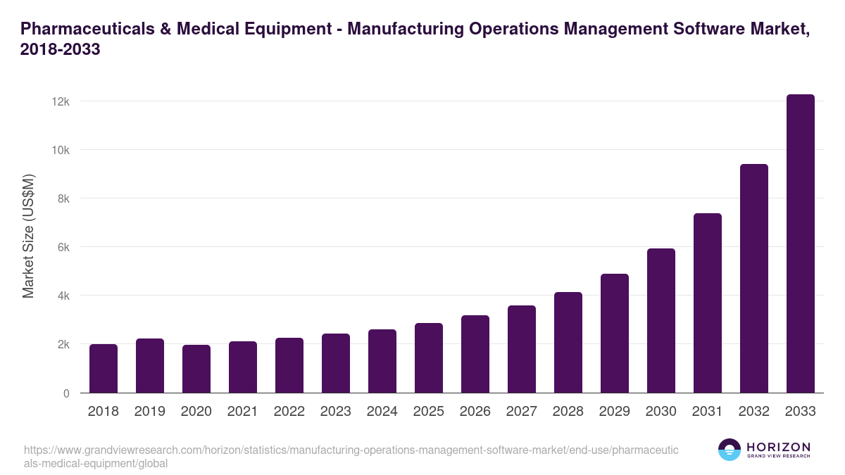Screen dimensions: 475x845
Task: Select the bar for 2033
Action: (800, 243)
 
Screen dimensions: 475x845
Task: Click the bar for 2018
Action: (104, 369)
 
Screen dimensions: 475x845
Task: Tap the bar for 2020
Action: (196, 369)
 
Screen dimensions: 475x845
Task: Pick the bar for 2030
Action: (661, 321)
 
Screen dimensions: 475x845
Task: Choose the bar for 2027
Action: (522, 349)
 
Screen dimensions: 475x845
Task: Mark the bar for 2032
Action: (754, 279)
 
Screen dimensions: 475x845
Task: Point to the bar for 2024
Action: (382, 361)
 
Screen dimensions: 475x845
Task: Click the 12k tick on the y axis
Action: (61, 101)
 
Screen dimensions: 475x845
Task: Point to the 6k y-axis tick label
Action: (63, 247)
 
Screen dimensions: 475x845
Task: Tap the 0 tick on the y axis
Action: (66, 393)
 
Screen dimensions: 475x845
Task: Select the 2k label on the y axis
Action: (63, 345)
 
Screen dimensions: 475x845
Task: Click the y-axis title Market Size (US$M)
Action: (28, 235)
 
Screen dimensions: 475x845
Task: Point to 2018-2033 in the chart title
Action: (61, 50)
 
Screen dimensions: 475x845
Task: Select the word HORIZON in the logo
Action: (779, 447)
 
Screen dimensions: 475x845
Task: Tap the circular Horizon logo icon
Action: (730, 450)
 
